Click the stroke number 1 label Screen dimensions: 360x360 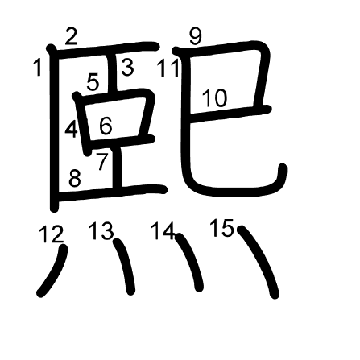click(x=38, y=68)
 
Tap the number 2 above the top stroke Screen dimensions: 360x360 click(x=71, y=36)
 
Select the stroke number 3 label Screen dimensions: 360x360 click(x=127, y=68)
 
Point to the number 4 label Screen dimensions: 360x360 click(x=71, y=130)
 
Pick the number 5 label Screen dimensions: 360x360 click(x=93, y=82)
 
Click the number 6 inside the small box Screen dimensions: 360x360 click(x=106, y=126)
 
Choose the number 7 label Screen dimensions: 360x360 click(x=102, y=161)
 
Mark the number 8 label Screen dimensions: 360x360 click(x=75, y=178)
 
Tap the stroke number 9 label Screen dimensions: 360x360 click(x=195, y=36)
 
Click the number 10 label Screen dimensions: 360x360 click(x=214, y=98)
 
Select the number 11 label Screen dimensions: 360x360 click(x=168, y=68)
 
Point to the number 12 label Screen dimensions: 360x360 click(x=52, y=234)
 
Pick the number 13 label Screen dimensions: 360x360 click(x=101, y=230)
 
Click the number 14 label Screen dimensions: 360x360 click(x=163, y=230)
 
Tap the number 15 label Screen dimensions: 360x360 click(x=221, y=228)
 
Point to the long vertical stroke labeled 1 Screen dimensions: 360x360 click(x=54, y=129)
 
